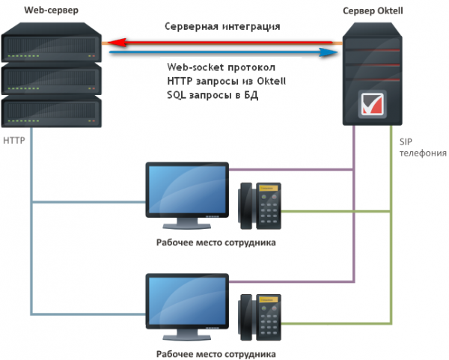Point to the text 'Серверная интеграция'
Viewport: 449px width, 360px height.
point(223,26)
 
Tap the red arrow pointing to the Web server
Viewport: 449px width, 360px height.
point(224,43)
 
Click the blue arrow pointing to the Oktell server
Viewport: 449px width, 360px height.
point(224,53)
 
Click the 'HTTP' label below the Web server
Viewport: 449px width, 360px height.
point(14,140)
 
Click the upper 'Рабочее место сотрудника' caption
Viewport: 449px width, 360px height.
point(216,242)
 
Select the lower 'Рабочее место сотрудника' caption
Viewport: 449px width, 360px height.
point(216,353)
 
